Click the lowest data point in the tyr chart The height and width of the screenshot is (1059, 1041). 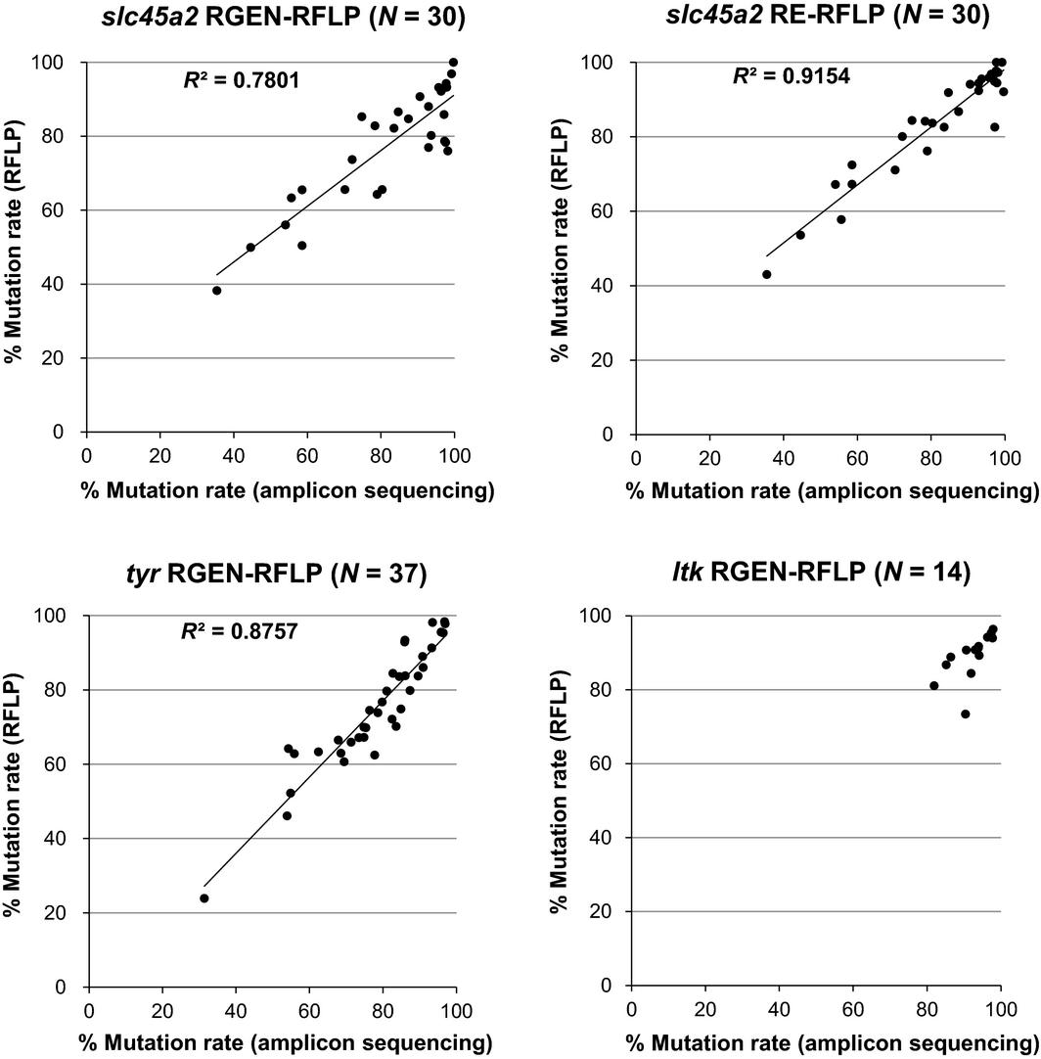[x=204, y=898]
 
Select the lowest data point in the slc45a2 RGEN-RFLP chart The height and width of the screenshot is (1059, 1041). [x=217, y=291]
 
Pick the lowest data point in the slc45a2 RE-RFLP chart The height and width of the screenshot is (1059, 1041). [x=767, y=274]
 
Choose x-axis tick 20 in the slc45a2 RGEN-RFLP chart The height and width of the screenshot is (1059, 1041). [x=159, y=454]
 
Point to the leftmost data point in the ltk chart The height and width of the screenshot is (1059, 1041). [x=934, y=686]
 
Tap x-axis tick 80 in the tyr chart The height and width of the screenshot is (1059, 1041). [x=384, y=1006]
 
